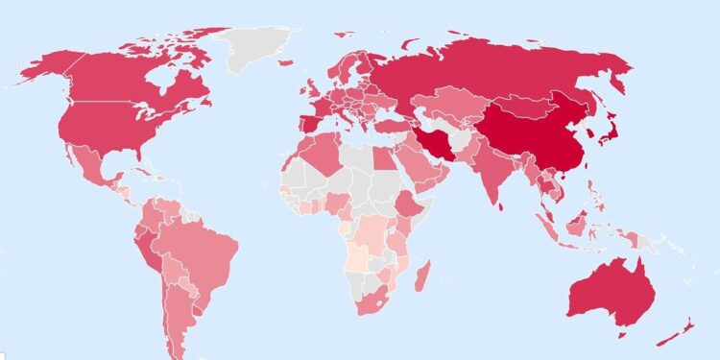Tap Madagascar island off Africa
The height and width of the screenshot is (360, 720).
pyautogui.click(x=420, y=277)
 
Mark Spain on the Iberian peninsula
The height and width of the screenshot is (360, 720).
pyautogui.click(x=304, y=126)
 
